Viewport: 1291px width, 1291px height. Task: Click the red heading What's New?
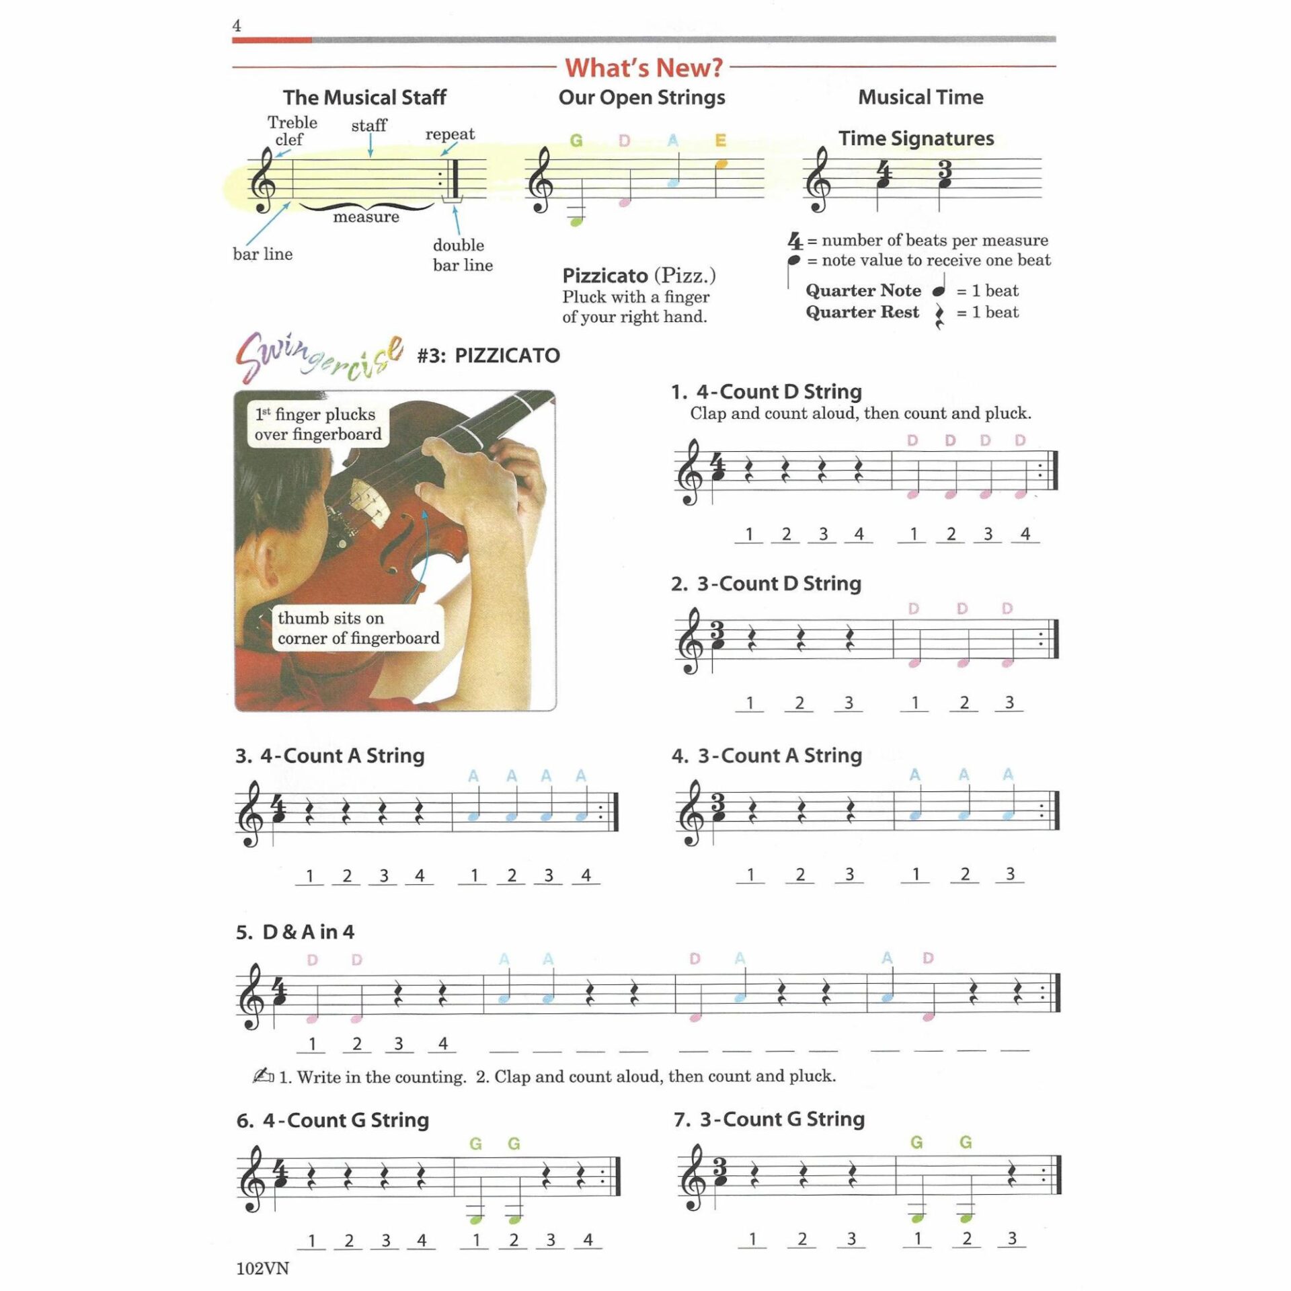coord(643,68)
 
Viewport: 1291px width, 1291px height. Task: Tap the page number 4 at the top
coord(237,26)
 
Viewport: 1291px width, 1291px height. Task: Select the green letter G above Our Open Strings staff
coord(576,141)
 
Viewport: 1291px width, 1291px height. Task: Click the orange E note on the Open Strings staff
coord(721,164)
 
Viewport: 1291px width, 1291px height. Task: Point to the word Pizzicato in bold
coord(604,276)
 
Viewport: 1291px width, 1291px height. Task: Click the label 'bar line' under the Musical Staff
coord(262,254)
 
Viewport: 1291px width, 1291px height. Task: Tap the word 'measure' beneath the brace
coord(366,217)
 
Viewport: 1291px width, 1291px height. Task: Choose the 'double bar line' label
coord(462,255)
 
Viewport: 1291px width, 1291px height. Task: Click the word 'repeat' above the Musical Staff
coord(449,134)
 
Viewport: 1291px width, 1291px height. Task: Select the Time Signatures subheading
coord(916,139)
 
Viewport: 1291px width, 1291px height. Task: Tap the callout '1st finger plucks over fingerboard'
coord(317,424)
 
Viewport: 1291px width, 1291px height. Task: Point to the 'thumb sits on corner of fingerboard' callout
coord(358,628)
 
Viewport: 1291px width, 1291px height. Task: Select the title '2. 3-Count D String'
coord(766,584)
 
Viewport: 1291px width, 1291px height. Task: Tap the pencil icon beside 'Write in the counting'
coord(263,1076)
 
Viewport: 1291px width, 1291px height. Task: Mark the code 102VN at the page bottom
coord(262,1268)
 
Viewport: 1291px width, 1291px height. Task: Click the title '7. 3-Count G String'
coord(769,1120)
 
